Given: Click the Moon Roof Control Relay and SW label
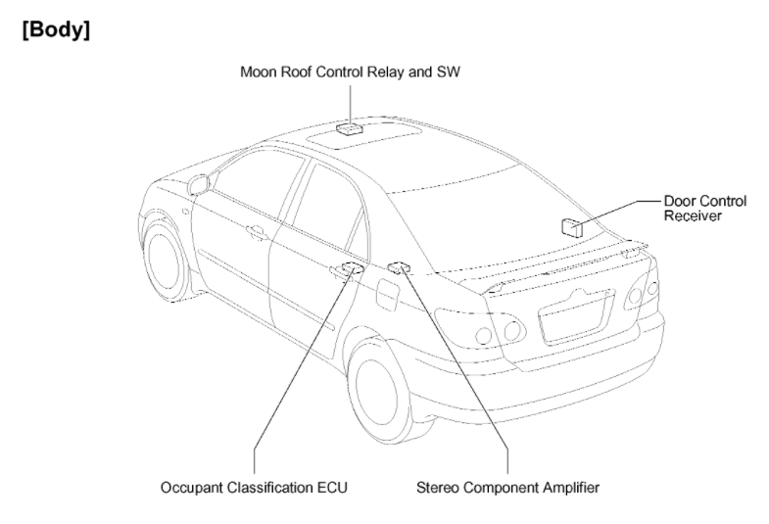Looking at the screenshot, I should coord(350,72).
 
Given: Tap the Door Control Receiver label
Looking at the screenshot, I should coord(704,209).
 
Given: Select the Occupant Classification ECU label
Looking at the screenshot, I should coord(255,486).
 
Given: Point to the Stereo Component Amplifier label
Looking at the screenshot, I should coord(507,486).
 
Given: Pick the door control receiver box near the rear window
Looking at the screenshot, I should coord(573,226).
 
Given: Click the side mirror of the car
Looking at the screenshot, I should coord(199,183).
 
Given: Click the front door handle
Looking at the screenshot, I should coord(257,233).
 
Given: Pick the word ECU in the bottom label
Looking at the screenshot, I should coord(334,486).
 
